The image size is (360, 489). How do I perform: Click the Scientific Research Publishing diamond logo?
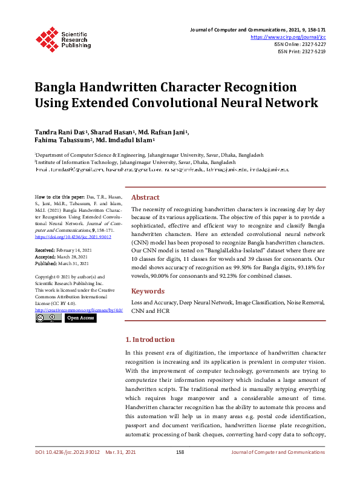[x=45, y=38]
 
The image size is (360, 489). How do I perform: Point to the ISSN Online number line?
[x=299, y=44]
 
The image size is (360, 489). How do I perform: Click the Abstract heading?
[x=145, y=197]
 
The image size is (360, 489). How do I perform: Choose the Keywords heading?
[x=148, y=291]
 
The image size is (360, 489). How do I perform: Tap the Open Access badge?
[x=80, y=318]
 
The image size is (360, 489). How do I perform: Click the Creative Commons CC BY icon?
[x=48, y=318]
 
